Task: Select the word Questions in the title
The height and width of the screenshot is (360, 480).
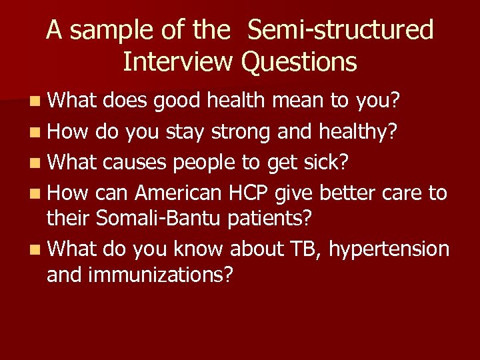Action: [x=299, y=62]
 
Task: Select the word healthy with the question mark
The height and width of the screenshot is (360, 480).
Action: [x=359, y=131]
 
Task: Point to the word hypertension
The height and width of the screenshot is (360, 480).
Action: [x=388, y=249]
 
